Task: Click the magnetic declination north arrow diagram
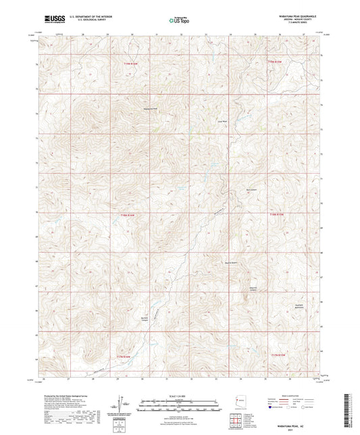(x=123, y=404)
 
